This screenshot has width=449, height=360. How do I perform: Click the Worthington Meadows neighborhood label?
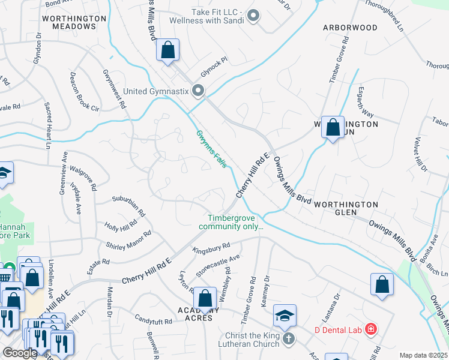point(74,19)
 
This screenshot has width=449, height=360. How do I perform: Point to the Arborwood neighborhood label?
point(350,28)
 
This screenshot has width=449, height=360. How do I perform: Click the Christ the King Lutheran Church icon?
point(289,339)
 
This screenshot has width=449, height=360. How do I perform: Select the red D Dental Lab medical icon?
point(372,329)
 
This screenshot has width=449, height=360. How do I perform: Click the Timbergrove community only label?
point(235,222)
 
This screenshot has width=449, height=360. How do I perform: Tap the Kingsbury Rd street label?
point(211,248)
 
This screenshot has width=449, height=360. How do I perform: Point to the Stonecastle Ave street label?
point(218,265)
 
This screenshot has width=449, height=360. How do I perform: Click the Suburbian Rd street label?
point(129,205)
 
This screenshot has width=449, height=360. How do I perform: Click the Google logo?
point(20,353)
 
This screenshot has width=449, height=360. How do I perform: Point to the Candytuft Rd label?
point(153,321)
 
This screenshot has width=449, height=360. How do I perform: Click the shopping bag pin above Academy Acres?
point(205,298)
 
